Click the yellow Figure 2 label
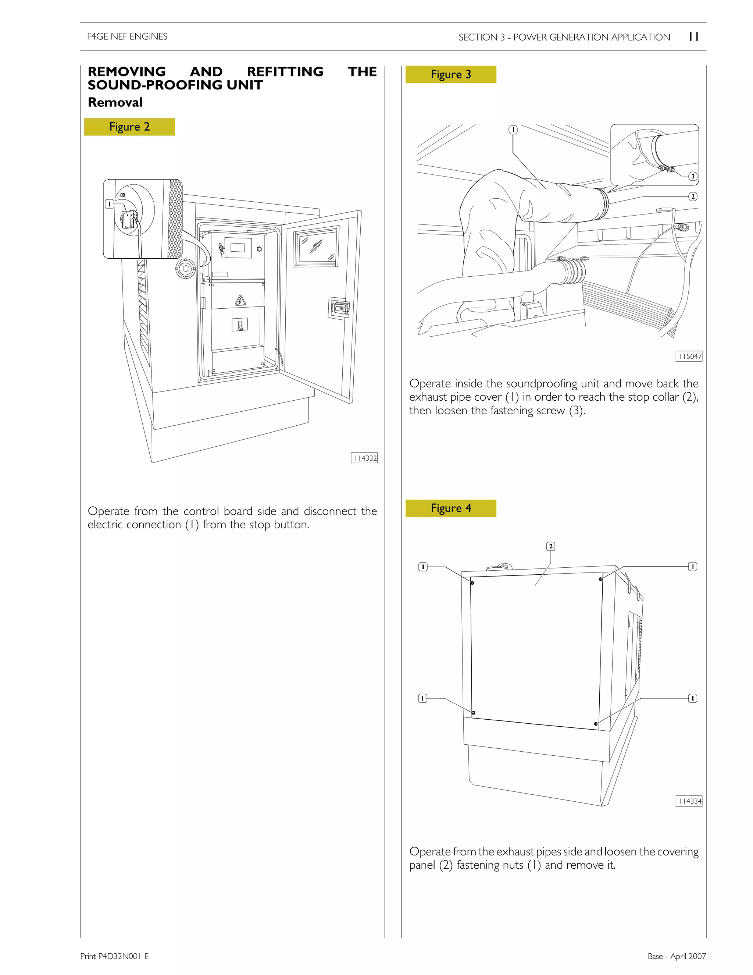pyautogui.click(x=129, y=127)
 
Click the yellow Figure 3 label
pyautogui.click(x=450, y=75)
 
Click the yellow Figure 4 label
pyautogui.click(x=450, y=508)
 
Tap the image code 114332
pyautogui.click(x=364, y=458)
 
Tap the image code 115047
pyautogui.click(x=689, y=356)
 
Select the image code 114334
pyautogui.click(x=689, y=801)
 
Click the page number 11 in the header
pyautogui.click(x=694, y=36)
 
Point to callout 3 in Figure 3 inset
pyautogui.click(x=693, y=176)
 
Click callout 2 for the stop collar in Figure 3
pyautogui.click(x=693, y=196)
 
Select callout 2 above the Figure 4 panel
pyautogui.click(x=551, y=546)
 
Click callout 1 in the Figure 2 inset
pyautogui.click(x=109, y=204)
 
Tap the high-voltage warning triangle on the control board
pyautogui.click(x=240, y=301)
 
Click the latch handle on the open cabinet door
pyautogui.click(x=341, y=308)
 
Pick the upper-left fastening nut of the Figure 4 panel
pyautogui.click(x=472, y=582)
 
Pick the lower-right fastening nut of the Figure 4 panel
pyautogui.click(x=596, y=724)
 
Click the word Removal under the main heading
pyautogui.click(x=115, y=102)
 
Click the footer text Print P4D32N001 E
pyautogui.click(x=115, y=956)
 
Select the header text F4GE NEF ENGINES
pyautogui.click(x=127, y=36)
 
